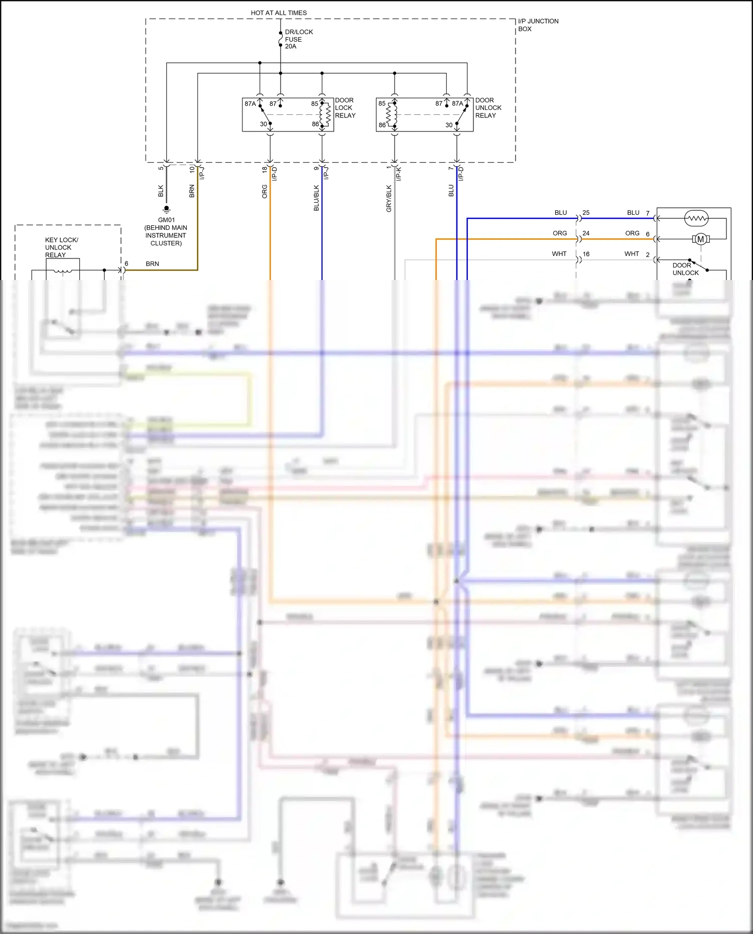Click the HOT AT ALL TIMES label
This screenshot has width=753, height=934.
point(279,13)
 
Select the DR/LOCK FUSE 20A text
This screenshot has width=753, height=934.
point(298,39)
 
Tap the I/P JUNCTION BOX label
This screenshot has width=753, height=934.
point(538,25)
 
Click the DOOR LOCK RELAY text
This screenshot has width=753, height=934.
point(345,108)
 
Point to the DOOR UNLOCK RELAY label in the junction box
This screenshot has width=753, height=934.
point(488,108)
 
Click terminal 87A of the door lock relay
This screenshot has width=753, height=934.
point(250,104)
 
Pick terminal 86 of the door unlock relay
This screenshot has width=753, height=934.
point(383,125)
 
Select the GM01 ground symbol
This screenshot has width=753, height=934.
point(167,209)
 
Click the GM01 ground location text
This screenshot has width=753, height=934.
point(166,232)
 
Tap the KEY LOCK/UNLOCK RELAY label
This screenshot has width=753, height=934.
point(61,247)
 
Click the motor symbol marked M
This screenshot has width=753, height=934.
point(701,239)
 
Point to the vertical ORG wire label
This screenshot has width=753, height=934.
point(265,191)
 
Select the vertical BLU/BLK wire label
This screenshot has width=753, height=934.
point(316,198)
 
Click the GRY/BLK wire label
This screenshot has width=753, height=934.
point(389,198)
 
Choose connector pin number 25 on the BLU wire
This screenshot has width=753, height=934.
point(586,213)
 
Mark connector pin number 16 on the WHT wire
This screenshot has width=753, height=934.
point(586,254)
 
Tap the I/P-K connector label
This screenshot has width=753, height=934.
point(399,174)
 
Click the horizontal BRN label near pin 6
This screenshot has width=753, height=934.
point(152,263)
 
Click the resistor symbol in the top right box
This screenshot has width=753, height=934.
point(696,218)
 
